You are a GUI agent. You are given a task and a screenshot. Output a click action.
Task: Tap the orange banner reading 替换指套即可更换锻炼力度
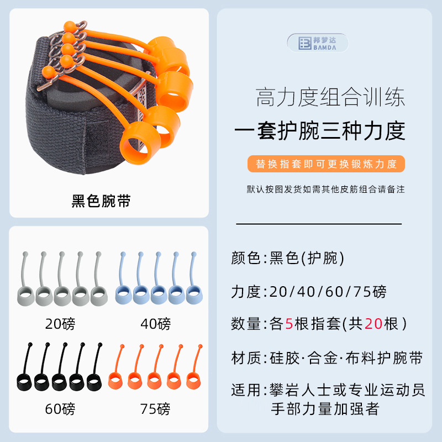click(x=327, y=164)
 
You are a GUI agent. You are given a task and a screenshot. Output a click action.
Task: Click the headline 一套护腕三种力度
click(x=320, y=131)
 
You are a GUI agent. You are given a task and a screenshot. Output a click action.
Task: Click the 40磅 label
click(x=156, y=323)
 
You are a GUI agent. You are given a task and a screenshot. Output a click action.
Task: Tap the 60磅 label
click(x=60, y=409)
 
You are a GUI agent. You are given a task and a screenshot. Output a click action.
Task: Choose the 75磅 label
click(x=156, y=409)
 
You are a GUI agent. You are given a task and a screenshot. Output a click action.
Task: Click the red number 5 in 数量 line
click(x=288, y=324)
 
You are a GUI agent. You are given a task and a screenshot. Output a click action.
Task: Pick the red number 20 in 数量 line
click(x=374, y=324)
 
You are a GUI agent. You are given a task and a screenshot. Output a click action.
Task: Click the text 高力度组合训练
click(x=330, y=98)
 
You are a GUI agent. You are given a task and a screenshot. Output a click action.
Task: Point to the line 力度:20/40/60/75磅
click(x=309, y=291)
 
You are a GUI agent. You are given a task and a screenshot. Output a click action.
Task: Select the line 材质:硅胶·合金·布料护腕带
click(x=327, y=357)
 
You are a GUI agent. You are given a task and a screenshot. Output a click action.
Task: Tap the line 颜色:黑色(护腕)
click(x=288, y=258)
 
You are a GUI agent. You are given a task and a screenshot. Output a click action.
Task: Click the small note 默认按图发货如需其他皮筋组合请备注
click(x=326, y=190)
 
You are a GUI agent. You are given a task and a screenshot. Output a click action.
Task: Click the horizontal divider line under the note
click(x=319, y=224)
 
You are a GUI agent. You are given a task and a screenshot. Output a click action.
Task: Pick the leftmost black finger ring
click(x=25, y=381)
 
